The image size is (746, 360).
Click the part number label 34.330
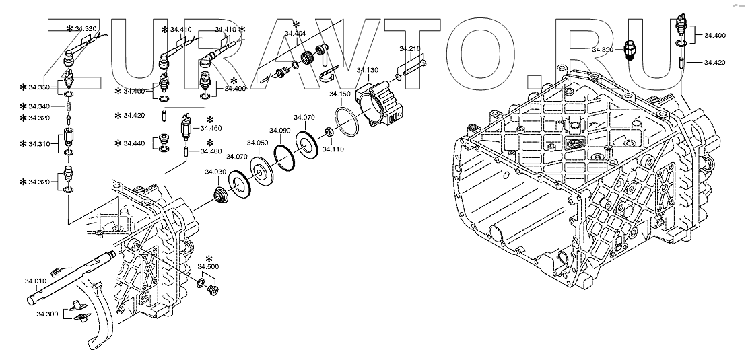tap(86, 28)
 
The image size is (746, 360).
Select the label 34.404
tap(295, 33)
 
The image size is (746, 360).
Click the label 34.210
tap(409, 48)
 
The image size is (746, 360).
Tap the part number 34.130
tap(368, 70)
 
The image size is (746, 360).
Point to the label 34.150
tap(340, 94)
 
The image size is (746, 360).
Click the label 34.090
tap(279, 130)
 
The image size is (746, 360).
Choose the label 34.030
tap(215, 172)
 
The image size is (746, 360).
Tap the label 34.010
tap(35, 281)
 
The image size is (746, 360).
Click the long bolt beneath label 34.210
tap(413, 67)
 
